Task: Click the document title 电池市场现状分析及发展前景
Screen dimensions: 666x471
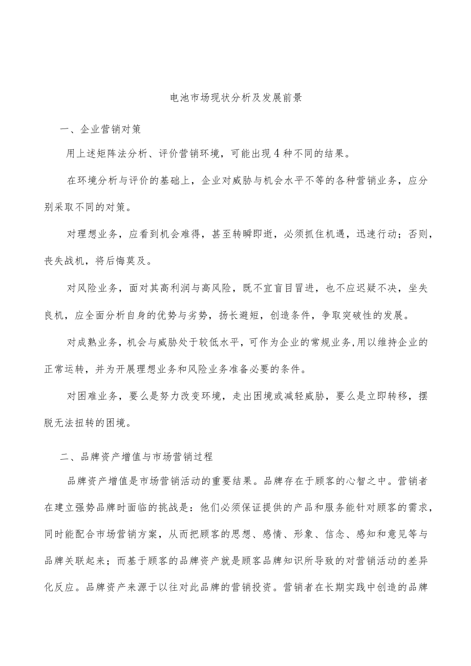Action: tap(235, 98)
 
